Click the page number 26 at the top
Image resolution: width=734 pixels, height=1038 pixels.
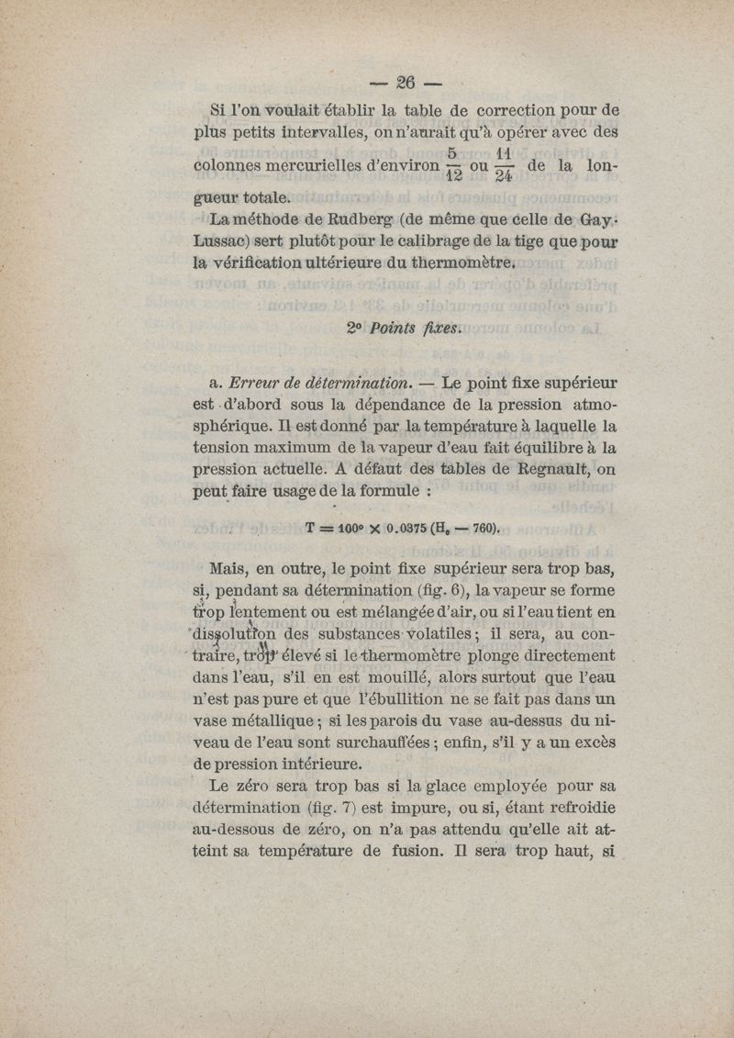(405, 82)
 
